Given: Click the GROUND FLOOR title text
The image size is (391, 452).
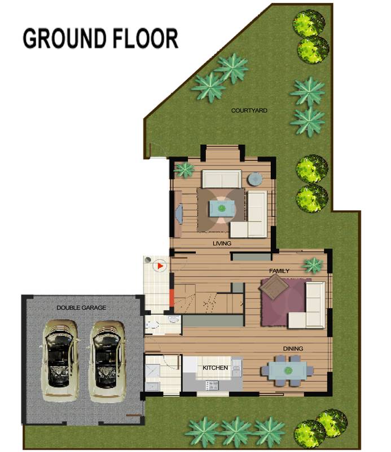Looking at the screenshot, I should [x=100, y=38].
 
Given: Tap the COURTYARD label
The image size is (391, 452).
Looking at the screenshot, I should [x=249, y=110].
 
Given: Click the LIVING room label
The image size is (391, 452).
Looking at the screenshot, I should [x=222, y=244].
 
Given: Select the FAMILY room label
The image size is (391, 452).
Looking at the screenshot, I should [x=279, y=271].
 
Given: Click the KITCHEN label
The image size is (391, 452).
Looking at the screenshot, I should [x=216, y=368].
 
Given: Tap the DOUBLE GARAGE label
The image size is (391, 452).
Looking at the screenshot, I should [x=81, y=307].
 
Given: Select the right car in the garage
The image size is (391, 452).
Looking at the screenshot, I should [x=107, y=360].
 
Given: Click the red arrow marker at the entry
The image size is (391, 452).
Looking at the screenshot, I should [x=160, y=264].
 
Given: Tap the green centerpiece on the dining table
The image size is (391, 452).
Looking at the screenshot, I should [x=288, y=371].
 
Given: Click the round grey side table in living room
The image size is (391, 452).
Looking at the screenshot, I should [x=255, y=179].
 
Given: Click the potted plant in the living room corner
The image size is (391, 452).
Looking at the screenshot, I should [x=184, y=169].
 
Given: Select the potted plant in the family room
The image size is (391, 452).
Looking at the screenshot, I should [x=312, y=264].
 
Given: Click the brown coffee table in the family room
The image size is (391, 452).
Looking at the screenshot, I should [x=274, y=288].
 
